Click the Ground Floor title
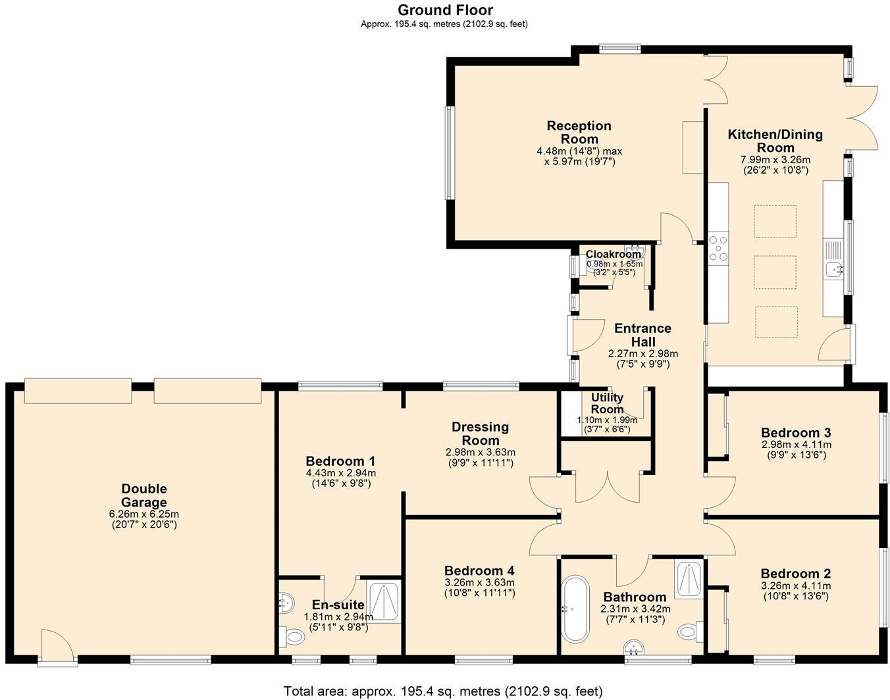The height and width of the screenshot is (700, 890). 445,10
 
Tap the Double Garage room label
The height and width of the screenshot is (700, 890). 144,495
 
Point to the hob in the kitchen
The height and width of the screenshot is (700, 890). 718,248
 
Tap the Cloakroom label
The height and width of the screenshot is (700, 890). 614,254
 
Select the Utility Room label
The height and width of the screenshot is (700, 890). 607,403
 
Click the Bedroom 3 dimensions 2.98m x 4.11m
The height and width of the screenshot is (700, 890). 796,445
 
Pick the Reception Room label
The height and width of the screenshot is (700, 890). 579,132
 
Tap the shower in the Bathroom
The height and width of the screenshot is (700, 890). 689,579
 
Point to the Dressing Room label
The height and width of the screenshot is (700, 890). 480,434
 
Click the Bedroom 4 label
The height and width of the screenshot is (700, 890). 479,570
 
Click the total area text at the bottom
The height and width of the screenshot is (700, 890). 443,691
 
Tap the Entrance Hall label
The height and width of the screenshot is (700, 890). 642,335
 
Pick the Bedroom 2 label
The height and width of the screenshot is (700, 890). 796,574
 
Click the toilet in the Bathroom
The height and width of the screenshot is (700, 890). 691,632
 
